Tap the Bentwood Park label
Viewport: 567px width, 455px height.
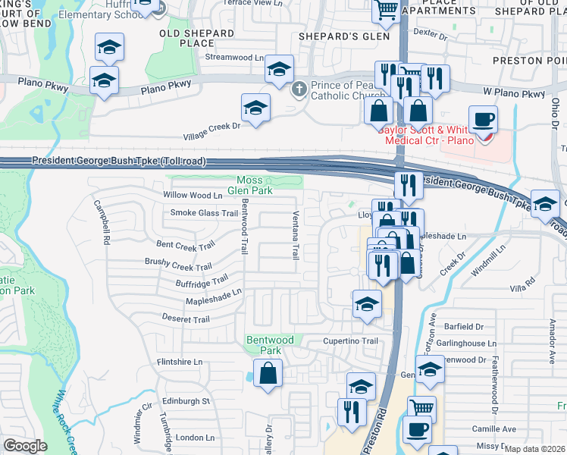(x=269, y=346)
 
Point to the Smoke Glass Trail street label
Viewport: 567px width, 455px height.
(x=204, y=213)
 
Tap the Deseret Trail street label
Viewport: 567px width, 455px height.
(x=185, y=319)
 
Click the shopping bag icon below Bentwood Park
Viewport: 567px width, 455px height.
(x=268, y=373)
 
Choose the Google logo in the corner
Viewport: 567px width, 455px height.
(x=26, y=446)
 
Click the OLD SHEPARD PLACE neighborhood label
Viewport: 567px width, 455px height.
(x=197, y=38)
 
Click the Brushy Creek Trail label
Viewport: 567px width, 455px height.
(x=178, y=265)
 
